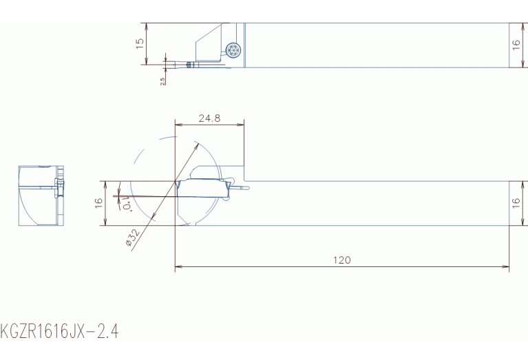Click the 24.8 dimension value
(x=209, y=118)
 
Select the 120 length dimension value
(x=341, y=260)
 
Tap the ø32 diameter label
(x=133, y=237)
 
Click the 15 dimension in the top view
(x=140, y=43)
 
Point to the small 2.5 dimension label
(x=162, y=81)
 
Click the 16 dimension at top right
(x=516, y=45)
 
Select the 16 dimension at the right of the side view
(x=516, y=203)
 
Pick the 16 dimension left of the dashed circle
(x=98, y=203)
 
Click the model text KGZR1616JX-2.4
(x=59, y=331)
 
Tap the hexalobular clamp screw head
(x=233, y=50)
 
